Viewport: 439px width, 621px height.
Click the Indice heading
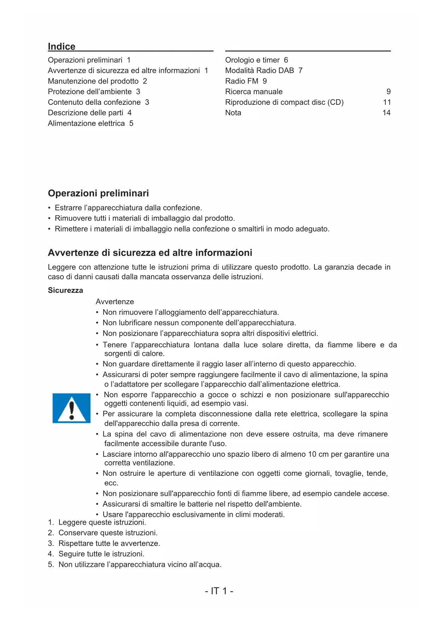(x=62, y=47)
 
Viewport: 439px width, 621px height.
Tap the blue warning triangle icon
(x=71, y=408)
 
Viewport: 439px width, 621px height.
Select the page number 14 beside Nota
(x=386, y=113)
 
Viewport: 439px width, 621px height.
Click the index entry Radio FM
(x=242, y=81)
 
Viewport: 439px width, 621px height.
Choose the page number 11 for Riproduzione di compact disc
(x=387, y=102)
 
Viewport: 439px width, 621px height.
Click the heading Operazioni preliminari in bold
(x=98, y=193)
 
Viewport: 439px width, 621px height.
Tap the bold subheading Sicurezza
(x=65, y=290)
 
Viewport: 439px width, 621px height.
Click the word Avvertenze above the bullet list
(x=115, y=302)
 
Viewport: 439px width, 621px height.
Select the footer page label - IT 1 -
(x=219, y=591)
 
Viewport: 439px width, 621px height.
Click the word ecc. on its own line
(x=111, y=483)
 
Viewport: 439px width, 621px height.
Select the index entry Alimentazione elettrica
(x=86, y=124)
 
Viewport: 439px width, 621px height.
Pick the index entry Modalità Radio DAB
(x=259, y=71)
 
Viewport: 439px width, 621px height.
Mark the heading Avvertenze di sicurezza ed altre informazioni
(x=150, y=253)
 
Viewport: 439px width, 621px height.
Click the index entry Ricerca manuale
(x=254, y=92)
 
